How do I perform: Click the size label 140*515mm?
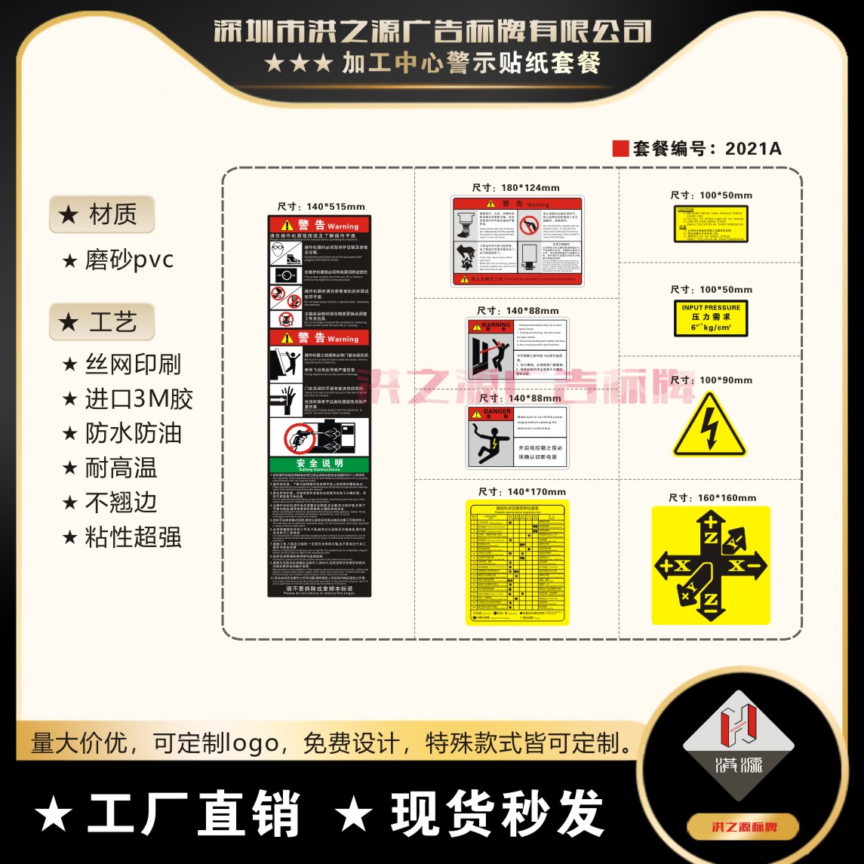[321, 207]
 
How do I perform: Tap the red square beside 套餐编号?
[620, 148]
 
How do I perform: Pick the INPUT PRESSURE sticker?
[711, 318]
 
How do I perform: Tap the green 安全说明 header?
[319, 464]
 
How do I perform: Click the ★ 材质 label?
[102, 215]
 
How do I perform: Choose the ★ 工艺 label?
[102, 323]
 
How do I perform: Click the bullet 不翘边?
[121, 503]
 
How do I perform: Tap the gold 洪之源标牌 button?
[733, 826]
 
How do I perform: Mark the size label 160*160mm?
[712, 497]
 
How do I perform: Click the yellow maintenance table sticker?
[518, 562]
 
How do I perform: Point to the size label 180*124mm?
[516, 188]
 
